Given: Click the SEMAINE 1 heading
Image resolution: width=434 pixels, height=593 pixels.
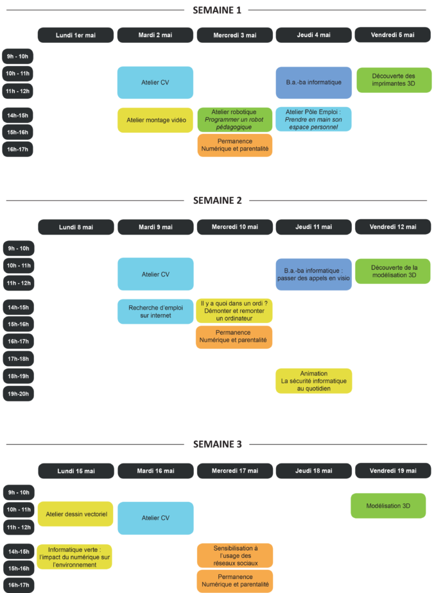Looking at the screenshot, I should click(x=217, y=10).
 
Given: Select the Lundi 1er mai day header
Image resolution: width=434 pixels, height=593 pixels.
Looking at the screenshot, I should click(x=76, y=35).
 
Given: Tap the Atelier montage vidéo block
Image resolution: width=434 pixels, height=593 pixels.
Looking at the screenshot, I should click(x=155, y=120).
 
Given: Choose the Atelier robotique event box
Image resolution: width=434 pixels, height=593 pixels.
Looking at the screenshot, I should click(x=234, y=119).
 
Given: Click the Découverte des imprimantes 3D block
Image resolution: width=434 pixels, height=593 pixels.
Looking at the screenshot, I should click(x=394, y=79).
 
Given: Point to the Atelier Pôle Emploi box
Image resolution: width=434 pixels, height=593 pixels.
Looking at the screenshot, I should click(x=314, y=119).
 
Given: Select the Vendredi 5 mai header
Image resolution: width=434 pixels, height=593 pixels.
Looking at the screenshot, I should click(x=393, y=35).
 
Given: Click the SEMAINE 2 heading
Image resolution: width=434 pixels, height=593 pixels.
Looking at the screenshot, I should click(x=217, y=200).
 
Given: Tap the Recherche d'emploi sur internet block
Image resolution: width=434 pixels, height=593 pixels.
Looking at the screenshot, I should click(x=155, y=311).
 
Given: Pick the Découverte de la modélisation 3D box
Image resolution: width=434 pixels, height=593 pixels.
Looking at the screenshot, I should click(x=393, y=271).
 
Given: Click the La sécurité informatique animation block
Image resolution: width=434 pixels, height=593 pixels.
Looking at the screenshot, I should click(x=314, y=381).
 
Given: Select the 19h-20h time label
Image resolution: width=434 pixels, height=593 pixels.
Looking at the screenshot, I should click(x=18, y=393).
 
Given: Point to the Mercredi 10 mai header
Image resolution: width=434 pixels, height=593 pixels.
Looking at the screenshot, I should click(x=234, y=227).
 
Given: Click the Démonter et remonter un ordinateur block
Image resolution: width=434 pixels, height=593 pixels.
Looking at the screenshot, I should click(x=234, y=311).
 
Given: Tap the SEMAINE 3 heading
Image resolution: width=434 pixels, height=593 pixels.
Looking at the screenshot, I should click(x=217, y=444).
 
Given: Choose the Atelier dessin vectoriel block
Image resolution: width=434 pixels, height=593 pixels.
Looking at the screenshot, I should click(x=76, y=514).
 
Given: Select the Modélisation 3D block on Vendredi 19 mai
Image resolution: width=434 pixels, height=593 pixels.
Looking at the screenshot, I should click(x=388, y=506).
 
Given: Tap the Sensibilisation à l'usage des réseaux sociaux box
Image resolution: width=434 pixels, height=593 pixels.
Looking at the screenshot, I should click(x=234, y=555).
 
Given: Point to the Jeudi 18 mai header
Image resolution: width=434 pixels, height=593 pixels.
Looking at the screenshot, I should click(x=314, y=471).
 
